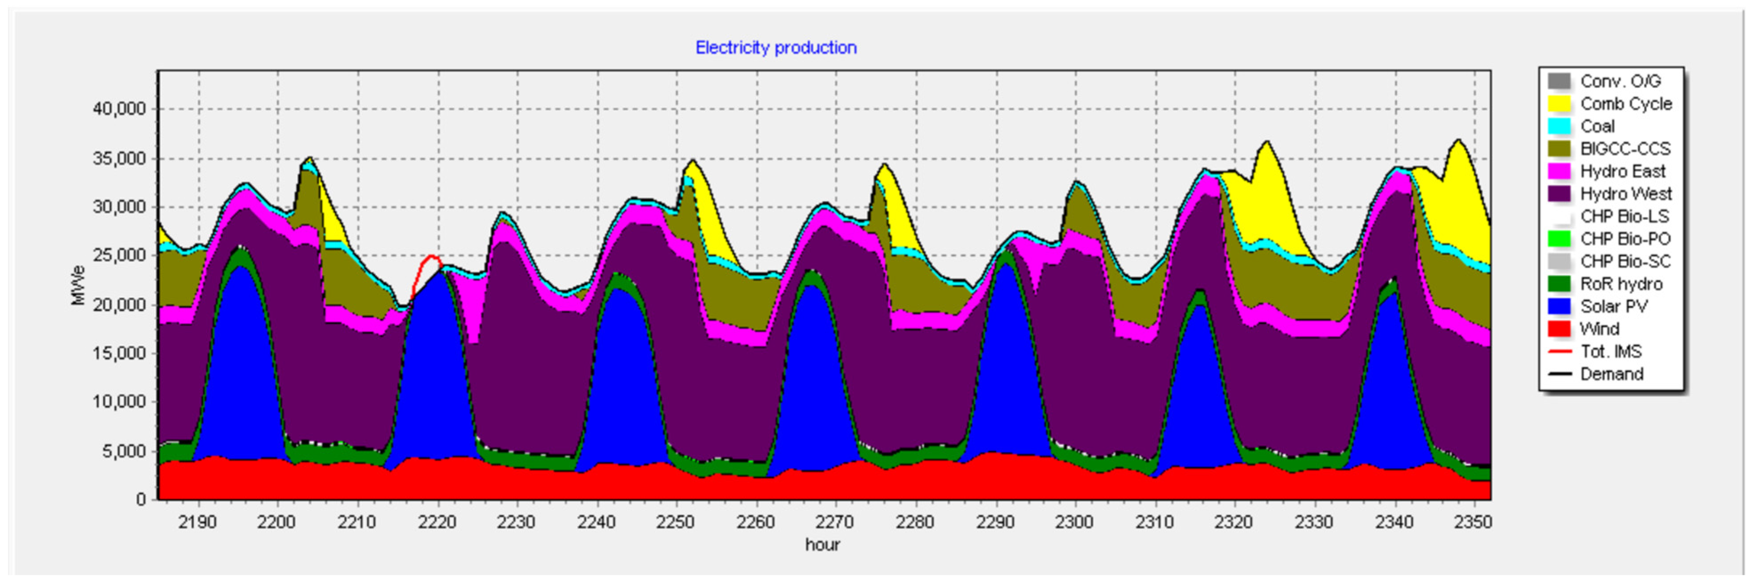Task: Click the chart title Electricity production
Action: coord(776,48)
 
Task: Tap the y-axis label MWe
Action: coord(78,285)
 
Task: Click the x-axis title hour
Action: coord(822,545)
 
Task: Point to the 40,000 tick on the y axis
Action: coord(119,109)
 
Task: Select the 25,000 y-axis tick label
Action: coord(119,256)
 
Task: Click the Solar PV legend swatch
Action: coord(1559,306)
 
